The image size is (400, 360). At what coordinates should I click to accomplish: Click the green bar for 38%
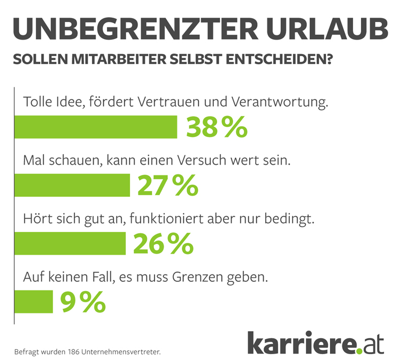pos(96,127)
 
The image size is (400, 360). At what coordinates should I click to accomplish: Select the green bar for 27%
pos(72,185)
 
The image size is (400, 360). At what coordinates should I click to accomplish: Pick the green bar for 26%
pos(70,243)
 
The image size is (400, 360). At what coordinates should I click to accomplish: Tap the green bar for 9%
pos(34,302)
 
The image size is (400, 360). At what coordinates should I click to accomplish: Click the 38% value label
pos(217,127)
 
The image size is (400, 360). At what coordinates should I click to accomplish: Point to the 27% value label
pos(168,185)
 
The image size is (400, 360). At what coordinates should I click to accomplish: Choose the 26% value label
pos(163,243)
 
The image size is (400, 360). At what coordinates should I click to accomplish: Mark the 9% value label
pos(82,302)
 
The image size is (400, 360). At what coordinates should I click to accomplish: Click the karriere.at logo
pos(316,342)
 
